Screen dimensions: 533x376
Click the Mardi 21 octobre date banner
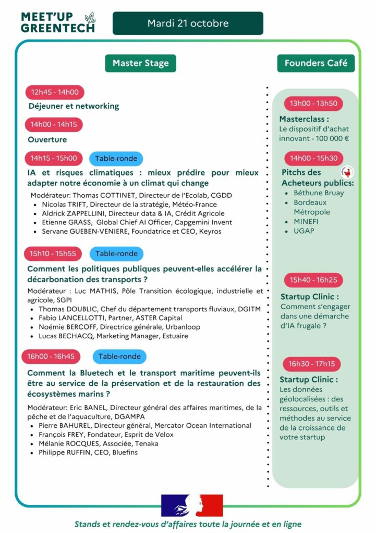188,23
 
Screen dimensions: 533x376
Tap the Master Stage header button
140,63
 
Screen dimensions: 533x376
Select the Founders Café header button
316,63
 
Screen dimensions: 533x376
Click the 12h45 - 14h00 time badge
55,93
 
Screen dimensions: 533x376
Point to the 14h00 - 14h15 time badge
54,124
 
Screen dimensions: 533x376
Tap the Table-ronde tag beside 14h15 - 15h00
116,158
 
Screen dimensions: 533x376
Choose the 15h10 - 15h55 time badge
53,253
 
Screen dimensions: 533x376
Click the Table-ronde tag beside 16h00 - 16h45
119,357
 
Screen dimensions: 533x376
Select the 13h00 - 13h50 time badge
313,103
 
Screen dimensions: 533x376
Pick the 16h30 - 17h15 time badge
313,364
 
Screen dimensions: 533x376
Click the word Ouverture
47,139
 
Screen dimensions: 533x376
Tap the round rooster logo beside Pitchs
345,172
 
